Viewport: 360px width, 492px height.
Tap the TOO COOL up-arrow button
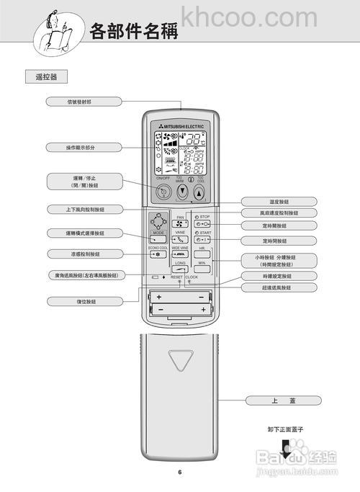(199, 192)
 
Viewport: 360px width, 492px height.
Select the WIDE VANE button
(180, 256)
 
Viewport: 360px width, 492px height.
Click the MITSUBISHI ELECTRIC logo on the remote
(180, 127)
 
